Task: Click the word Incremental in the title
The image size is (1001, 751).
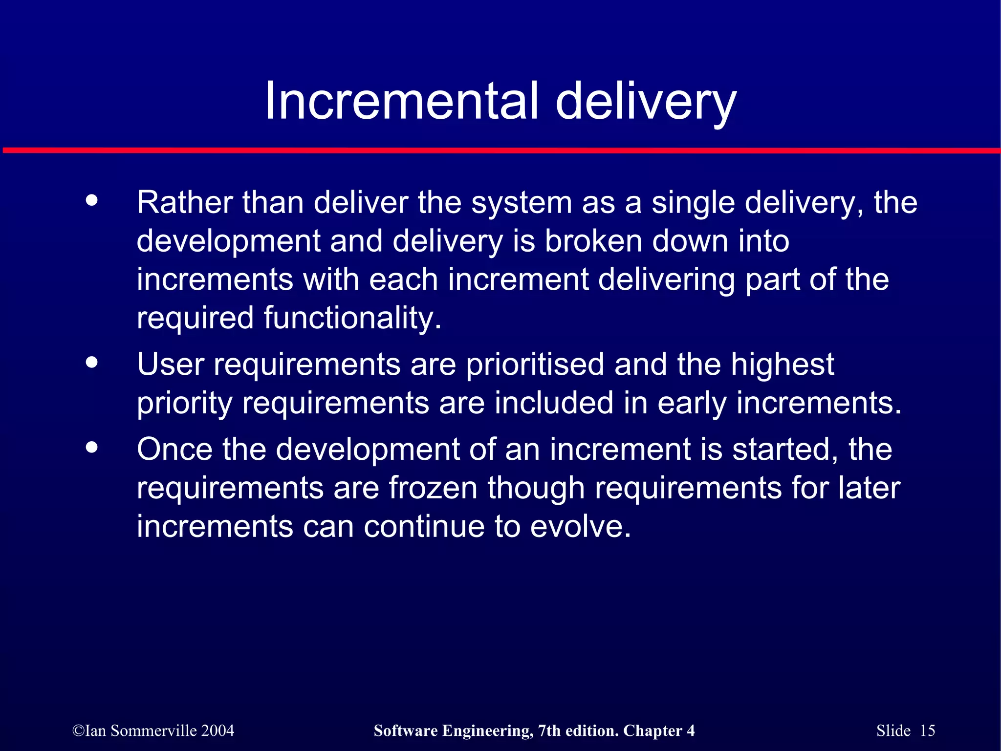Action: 401,101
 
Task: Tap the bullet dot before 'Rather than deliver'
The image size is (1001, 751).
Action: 91,201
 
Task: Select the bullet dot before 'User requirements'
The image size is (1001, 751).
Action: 91,363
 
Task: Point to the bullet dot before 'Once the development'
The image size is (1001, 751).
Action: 91,447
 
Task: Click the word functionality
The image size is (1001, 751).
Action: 352,318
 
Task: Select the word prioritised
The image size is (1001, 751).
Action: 535,365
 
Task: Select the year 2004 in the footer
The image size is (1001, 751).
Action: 218,730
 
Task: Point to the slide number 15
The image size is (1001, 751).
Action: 927,730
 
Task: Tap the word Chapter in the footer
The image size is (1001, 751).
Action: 653,730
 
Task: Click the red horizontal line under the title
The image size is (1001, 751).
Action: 500,150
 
